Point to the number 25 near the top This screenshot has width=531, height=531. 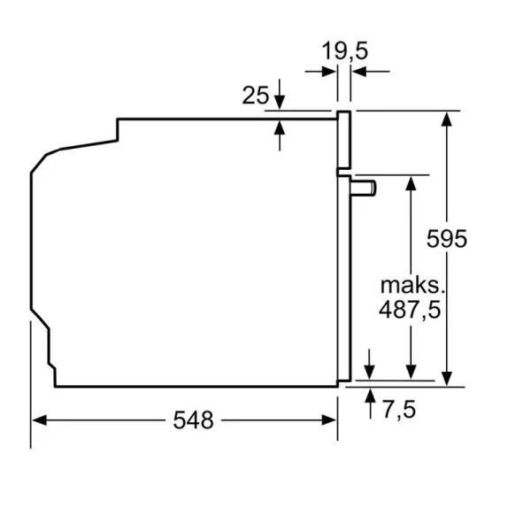tap(255, 96)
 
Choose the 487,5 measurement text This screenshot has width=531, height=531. tap(410, 310)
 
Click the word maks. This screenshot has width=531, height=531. tap(410, 285)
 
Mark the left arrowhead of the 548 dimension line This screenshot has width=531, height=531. tap(37, 420)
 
